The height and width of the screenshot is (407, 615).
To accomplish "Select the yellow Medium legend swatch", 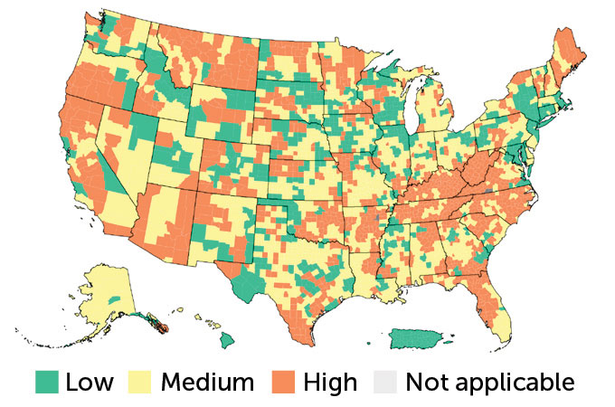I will (x=145, y=382).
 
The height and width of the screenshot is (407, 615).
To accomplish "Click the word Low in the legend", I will (x=90, y=382).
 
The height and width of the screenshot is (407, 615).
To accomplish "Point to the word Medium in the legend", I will (x=207, y=382).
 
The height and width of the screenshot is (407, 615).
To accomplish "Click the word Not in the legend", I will (x=426, y=382).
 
